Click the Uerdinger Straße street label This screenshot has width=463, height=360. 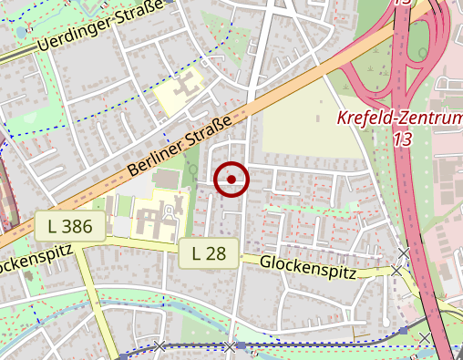100,28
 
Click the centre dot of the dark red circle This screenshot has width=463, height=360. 231,180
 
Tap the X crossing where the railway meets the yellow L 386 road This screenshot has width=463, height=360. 160,346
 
